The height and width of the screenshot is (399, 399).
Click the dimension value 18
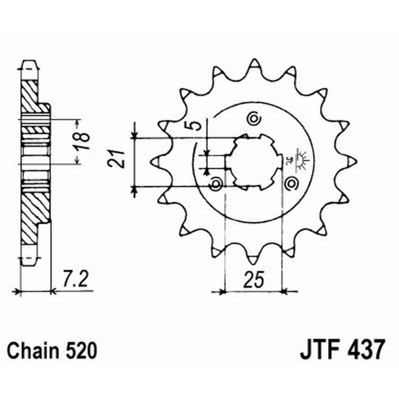pos(84,141)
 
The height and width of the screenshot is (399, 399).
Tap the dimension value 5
pos(198,124)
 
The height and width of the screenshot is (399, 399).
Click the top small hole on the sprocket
pos(253,119)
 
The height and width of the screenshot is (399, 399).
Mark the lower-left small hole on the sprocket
pos(216,184)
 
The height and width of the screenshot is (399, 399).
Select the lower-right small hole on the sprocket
pos(291,184)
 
